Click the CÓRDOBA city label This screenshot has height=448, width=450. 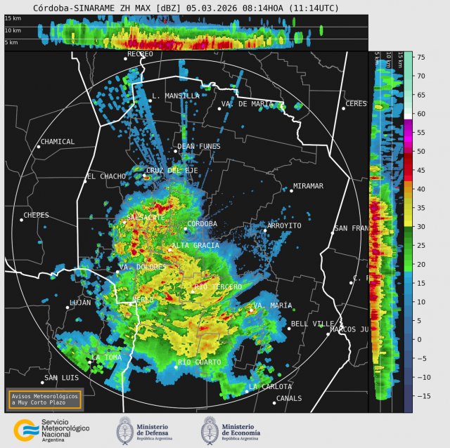(x=202, y=224)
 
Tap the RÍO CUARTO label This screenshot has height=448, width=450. (x=200, y=362)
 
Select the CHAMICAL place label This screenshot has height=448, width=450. (x=58, y=142)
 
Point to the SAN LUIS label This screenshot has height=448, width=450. (x=60, y=378)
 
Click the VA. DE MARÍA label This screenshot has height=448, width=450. (x=247, y=104)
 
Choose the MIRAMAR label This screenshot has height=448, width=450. (x=308, y=186)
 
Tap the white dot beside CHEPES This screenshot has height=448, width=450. (x=21, y=220)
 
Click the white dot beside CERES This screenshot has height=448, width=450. (x=343, y=108)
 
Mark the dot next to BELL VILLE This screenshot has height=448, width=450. (x=288, y=329)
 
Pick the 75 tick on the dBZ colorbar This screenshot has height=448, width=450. (x=420, y=57)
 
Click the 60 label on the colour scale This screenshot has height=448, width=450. (x=420, y=114)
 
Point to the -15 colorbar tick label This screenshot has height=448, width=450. (x=422, y=396)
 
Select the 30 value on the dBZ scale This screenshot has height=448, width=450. (x=420, y=227)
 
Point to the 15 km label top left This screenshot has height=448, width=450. (x=13, y=18)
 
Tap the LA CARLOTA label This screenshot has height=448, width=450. (x=270, y=387)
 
